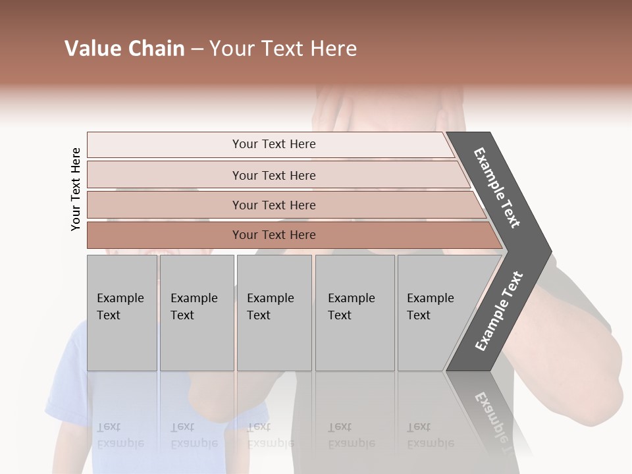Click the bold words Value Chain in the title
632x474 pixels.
[124, 49]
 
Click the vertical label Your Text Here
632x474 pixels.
[76, 189]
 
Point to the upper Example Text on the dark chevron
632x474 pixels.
[497, 188]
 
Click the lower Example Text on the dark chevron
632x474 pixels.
[498, 311]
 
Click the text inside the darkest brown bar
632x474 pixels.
[274, 235]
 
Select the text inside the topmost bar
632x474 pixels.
[274, 144]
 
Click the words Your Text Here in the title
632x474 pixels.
[283, 49]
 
